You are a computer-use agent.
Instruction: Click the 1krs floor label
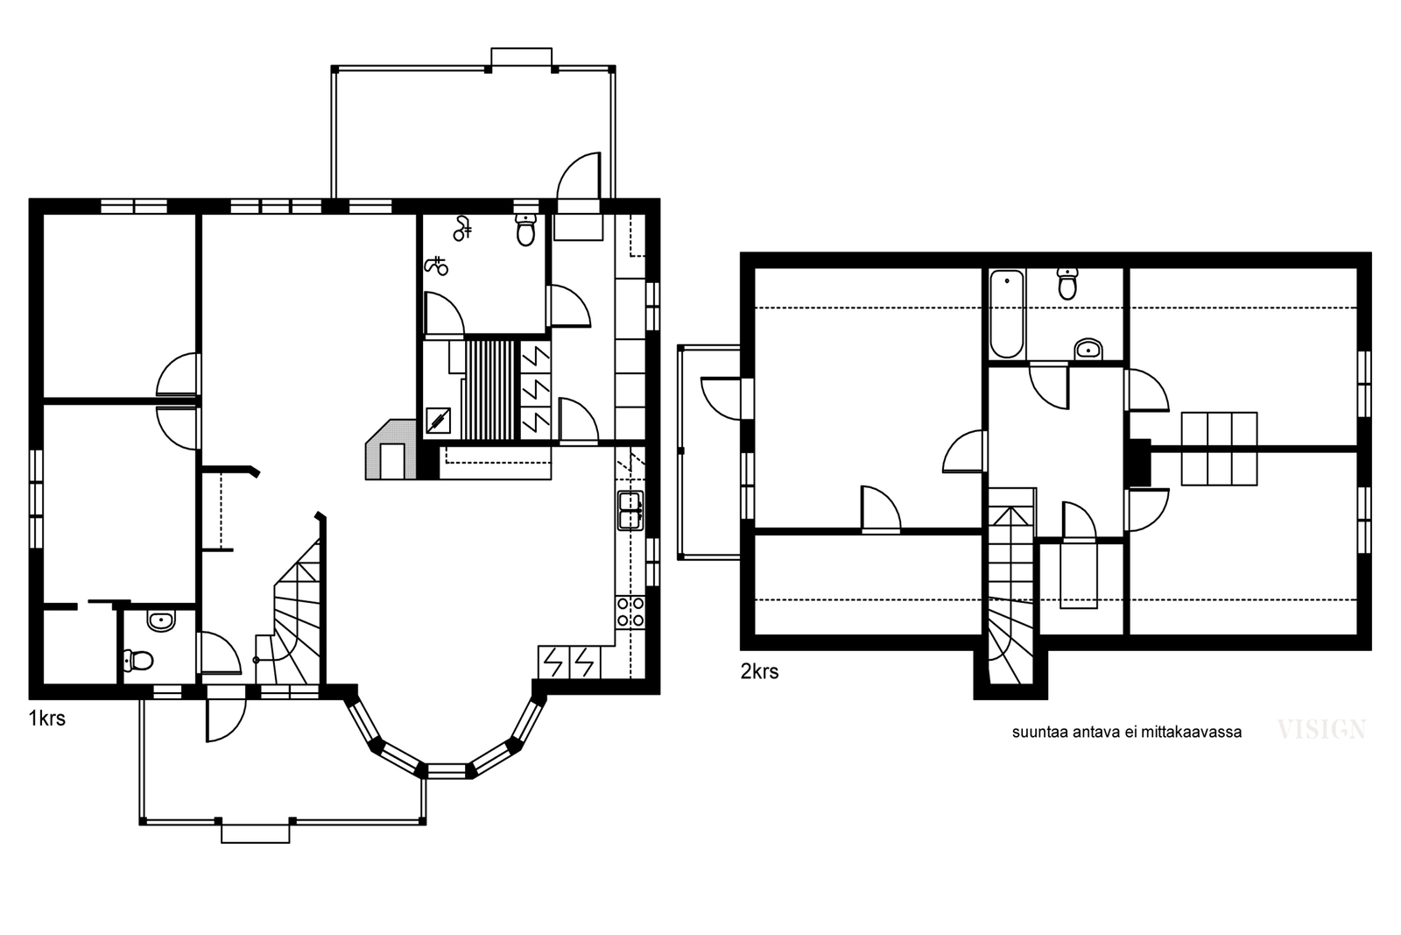point(47,719)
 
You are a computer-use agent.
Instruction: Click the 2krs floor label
point(759,671)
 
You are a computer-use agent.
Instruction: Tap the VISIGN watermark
point(1321,730)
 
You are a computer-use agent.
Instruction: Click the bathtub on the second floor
point(1007,315)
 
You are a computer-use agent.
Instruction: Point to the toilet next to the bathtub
point(1067,284)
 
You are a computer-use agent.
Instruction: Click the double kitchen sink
point(630,511)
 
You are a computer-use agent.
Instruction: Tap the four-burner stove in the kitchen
point(630,612)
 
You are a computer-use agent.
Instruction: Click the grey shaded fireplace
point(391,450)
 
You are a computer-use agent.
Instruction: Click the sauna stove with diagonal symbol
point(438,421)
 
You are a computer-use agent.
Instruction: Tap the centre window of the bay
point(447,770)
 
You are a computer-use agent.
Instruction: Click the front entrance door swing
point(226,719)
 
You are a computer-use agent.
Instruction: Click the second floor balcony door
point(722,399)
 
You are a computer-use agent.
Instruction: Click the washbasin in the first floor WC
point(161,621)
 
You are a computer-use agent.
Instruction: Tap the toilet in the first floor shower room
point(526,230)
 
